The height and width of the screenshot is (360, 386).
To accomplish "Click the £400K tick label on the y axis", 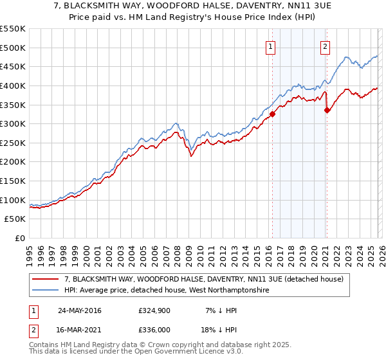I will pyautogui.click(x=13, y=85).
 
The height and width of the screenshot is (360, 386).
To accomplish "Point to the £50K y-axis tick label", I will pyautogui.click(x=15, y=219).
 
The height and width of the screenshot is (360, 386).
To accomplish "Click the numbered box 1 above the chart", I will pyautogui.click(x=270, y=46).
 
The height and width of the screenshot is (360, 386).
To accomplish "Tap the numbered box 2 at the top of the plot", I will pyautogui.click(x=326, y=46).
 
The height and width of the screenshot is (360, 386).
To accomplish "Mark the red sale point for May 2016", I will pyautogui.click(x=272, y=114).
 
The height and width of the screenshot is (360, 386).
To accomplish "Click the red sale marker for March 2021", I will pyautogui.click(x=327, y=110).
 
